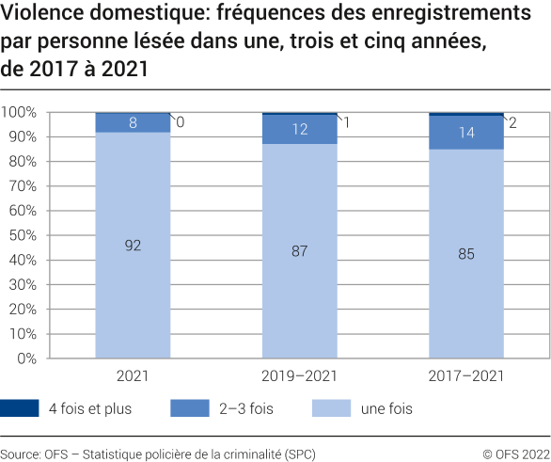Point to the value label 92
(x=133, y=246)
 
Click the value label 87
(x=300, y=251)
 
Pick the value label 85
(x=467, y=253)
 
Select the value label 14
(x=467, y=133)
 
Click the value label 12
(x=300, y=130)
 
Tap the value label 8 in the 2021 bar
(x=133, y=122)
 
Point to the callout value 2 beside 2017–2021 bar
(x=512, y=122)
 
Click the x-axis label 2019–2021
(x=300, y=375)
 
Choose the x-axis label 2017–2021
(x=467, y=375)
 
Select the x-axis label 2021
(x=133, y=375)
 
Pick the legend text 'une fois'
(x=386, y=408)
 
